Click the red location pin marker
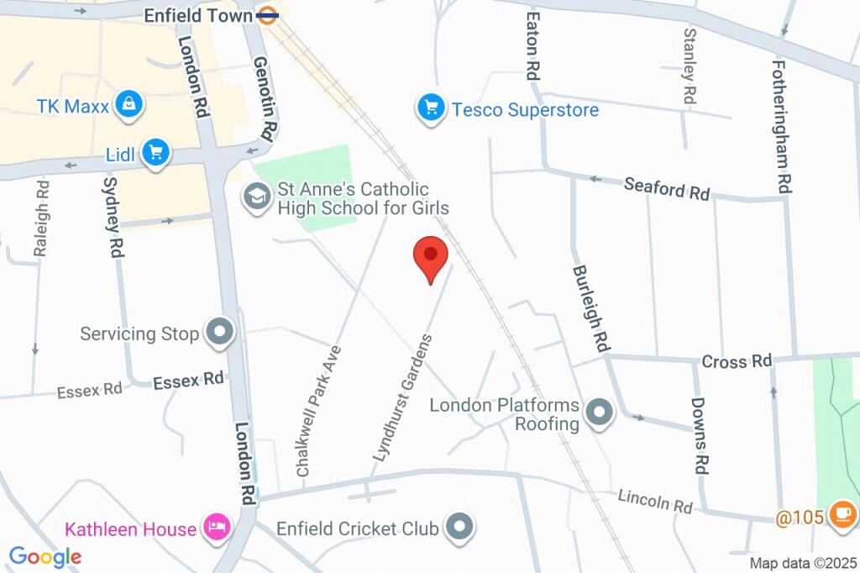431,255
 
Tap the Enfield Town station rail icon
268,15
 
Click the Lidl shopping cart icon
155,153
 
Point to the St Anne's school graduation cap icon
253,197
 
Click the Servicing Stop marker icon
221,332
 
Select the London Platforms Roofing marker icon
599,413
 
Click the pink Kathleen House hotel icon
218,528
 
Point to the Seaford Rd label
667,189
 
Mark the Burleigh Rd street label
590,308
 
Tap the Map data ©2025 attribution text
802,563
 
